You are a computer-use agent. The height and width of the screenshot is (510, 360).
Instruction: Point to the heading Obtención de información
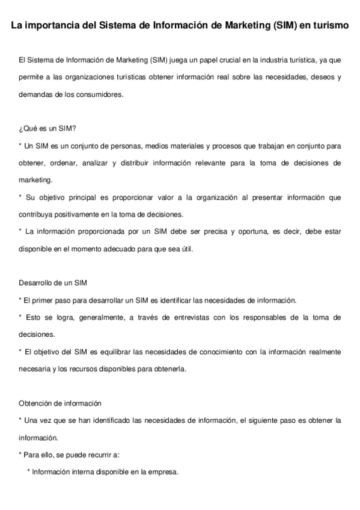[x=60, y=403]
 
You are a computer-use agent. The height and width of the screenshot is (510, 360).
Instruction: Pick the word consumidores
[x=102, y=94]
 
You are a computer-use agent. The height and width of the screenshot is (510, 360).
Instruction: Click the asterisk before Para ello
[x=20, y=455]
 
